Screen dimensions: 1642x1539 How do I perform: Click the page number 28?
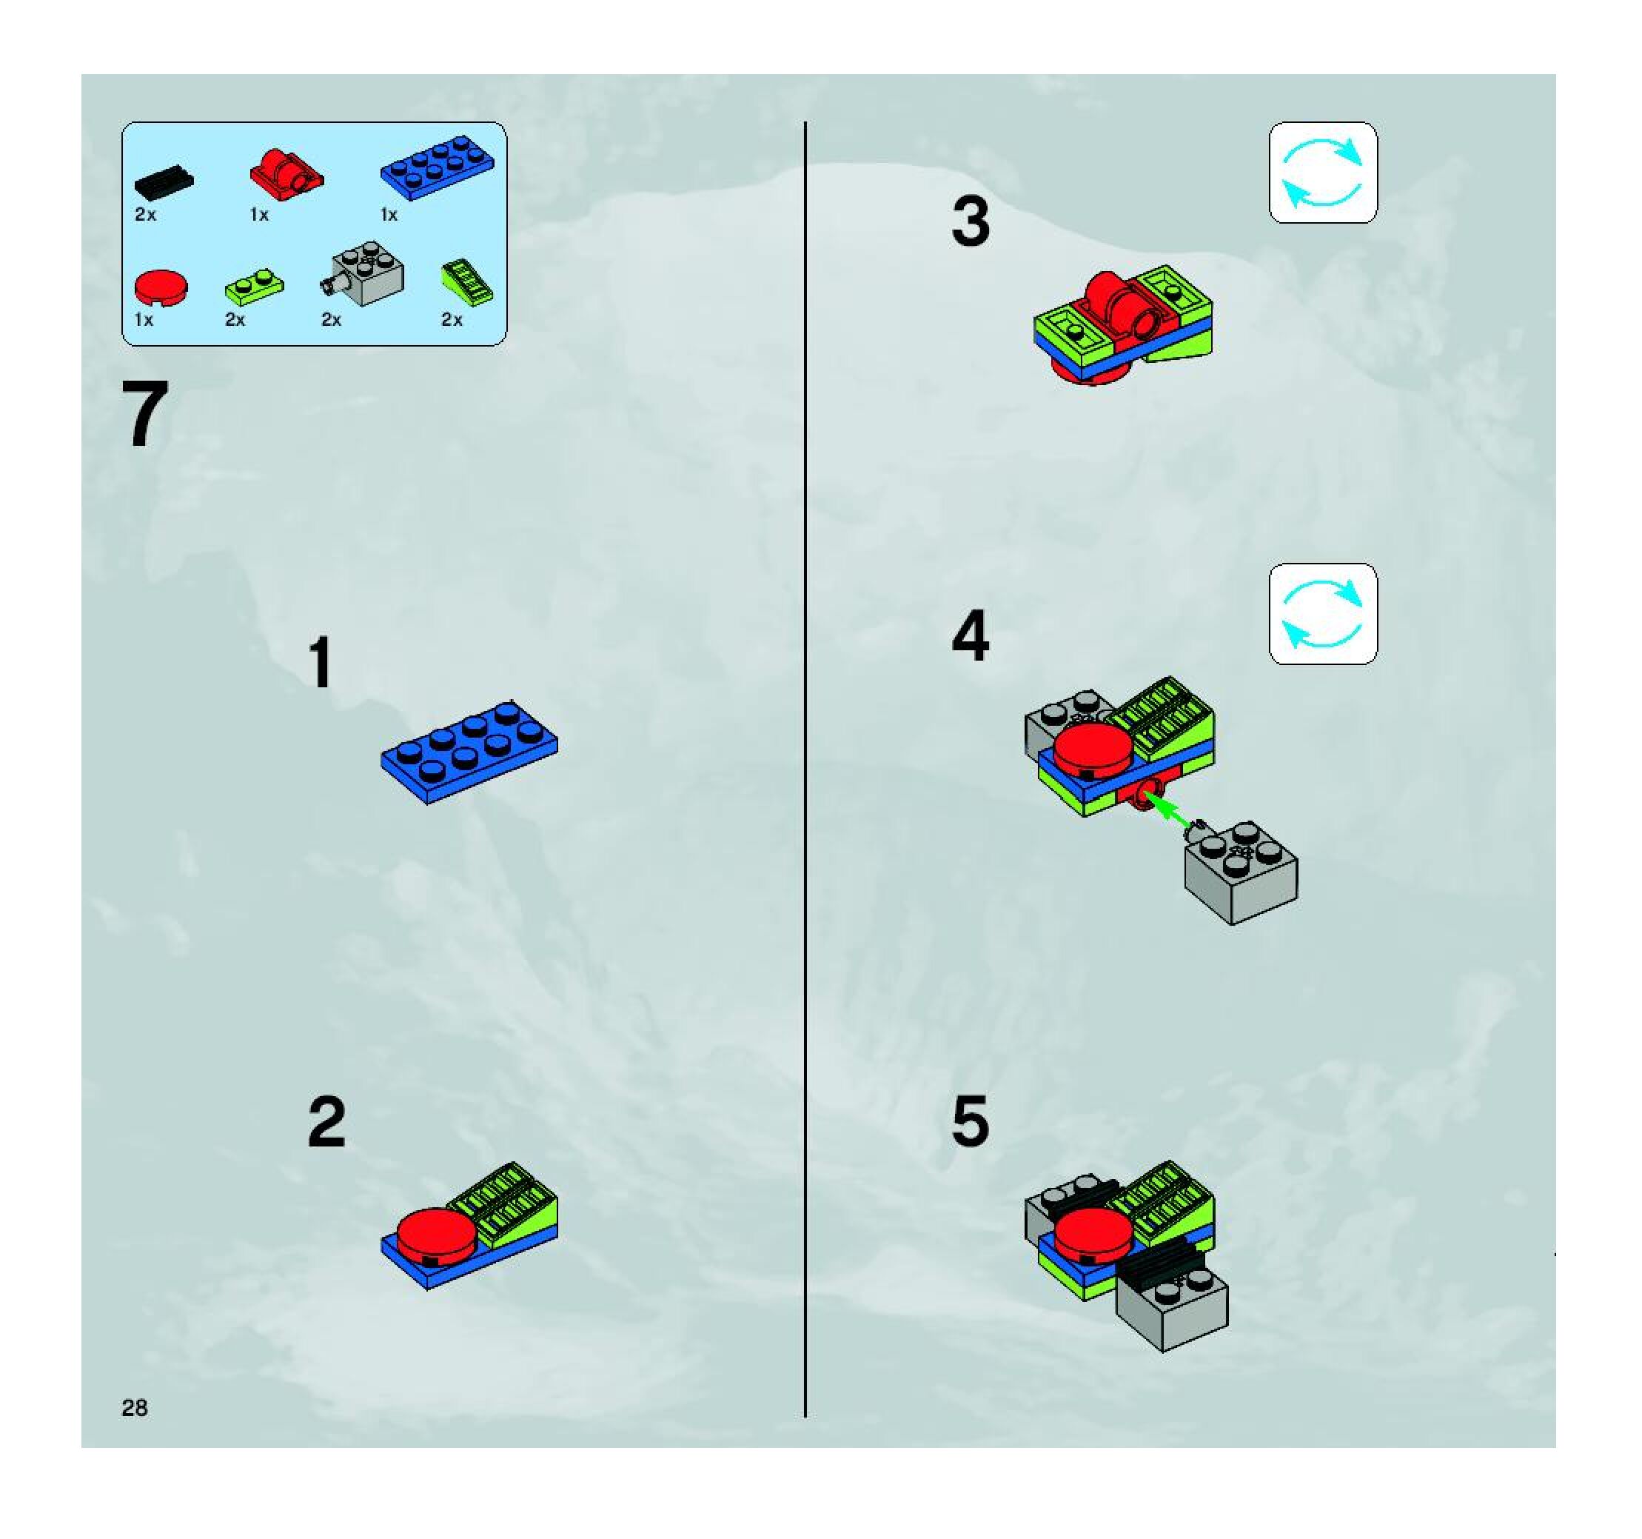[135, 1408]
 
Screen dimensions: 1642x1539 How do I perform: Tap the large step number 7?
[145, 414]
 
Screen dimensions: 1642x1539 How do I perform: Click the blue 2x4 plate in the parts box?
[438, 167]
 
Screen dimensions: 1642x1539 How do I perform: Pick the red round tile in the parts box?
[161, 289]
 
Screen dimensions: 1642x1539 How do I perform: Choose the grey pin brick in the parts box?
[363, 274]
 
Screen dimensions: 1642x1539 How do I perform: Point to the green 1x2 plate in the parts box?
[255, 285]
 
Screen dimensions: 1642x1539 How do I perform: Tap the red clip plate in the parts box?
[286, 173]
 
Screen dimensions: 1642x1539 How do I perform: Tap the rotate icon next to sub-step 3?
[1322, 173]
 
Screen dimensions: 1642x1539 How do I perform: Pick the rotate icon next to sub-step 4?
[1322, 614]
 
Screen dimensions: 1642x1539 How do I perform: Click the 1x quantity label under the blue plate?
[389, 215]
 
